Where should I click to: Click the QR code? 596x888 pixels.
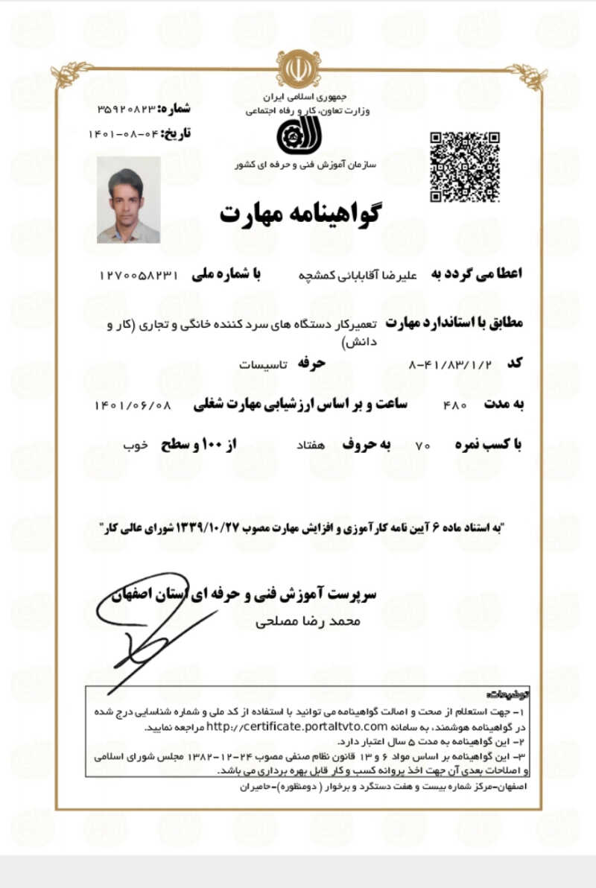[464, 166]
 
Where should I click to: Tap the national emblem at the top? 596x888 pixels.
[298, 69]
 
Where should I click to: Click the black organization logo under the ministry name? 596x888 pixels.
[298, 135]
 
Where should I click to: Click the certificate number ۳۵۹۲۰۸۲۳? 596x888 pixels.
[127, 109]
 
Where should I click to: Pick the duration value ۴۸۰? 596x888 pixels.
[454, 405]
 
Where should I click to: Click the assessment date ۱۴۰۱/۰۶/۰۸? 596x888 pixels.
[133, 405]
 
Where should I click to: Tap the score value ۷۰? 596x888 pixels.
[423, 445]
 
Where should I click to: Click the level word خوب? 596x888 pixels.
[135, 445]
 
